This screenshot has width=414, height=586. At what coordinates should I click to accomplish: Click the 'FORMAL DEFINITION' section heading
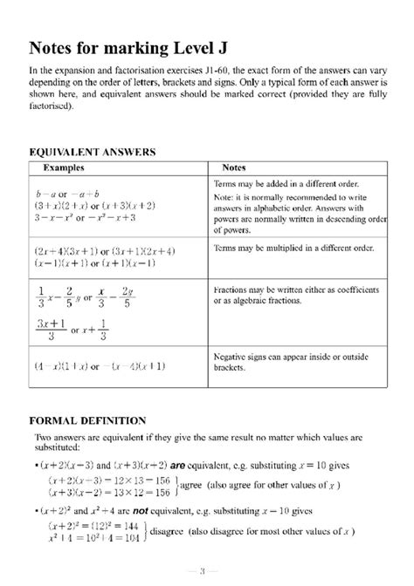(85, 418)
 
